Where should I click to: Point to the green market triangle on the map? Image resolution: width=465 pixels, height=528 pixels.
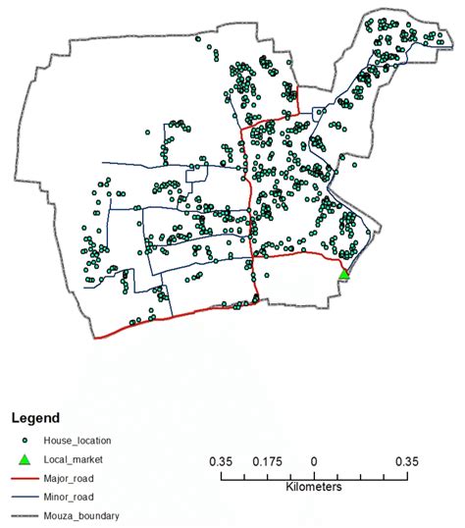pos(344,275)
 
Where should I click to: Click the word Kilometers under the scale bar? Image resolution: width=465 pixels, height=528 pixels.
pos(313,487)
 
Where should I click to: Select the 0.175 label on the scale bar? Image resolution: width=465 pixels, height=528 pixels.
pos(267,461)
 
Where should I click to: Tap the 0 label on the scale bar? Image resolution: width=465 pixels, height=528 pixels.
pos(314,461)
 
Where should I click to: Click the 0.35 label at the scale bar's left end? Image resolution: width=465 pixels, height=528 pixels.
pos(221,461)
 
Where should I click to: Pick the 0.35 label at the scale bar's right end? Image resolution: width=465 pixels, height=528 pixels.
pos(406,461)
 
